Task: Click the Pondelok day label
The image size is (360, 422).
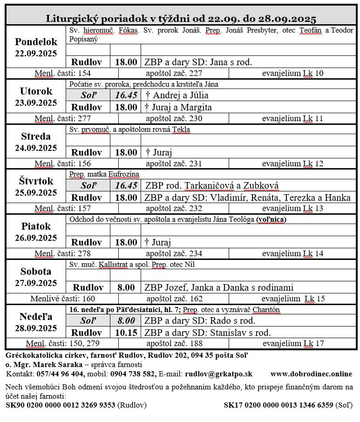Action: pyautogui.click(x=36, y=41)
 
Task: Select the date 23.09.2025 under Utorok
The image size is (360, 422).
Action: pyautogui.click(x=36, y=103)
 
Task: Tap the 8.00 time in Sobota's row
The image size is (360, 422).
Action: pyautogui.click(x=126, y=287)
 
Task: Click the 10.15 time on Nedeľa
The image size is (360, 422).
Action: pyautogui.click(x=126, y=333)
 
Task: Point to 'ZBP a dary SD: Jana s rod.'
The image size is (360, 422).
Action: pyautogui.click(x=198, y=62)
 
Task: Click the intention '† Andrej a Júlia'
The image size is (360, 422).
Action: pyautogui.click(x=177, y=95)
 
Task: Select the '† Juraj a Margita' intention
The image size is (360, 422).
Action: pyautogui.click(x=178, y=107)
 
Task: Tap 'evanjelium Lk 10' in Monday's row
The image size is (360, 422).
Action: pyautogui.click(x=292, y=73)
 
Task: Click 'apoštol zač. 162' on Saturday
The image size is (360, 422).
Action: pyautogui.click(x=174, y=299)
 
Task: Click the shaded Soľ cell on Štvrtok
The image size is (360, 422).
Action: pyautogui.click(x=88, y=185)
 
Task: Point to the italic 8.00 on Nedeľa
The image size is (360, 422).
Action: pyautogui.click(x=126, y=321)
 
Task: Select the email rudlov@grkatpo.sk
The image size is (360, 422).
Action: pyautogui.click(x=218, y=374)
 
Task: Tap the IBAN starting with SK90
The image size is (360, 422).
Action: pyautogui.click(x=60, y=405)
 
